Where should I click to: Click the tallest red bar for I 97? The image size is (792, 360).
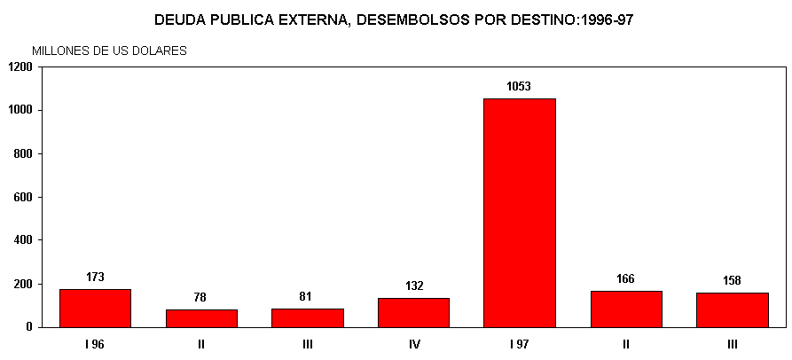point(519,213)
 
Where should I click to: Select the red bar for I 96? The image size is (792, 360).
point(95,308)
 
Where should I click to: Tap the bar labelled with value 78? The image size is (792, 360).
point(201,317)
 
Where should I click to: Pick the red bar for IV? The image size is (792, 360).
point(413,312)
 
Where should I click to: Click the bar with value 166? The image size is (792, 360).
point(625,309)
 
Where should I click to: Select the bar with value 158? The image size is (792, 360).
point(732,309)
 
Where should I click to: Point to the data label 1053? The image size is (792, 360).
point(519,86)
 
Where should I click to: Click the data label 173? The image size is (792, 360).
point(95,277)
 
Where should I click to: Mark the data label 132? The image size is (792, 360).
point(414,286)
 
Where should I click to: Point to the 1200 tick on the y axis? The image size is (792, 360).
point(20,67)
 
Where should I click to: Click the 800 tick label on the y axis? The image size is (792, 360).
point(23,153)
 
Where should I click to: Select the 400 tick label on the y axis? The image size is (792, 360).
point(23,240)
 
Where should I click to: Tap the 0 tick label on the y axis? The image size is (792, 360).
point(29,327)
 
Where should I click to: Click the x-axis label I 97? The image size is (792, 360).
point(519,344)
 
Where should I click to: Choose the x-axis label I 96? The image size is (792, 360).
point(95,344)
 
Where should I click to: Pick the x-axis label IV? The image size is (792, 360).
point(413,344)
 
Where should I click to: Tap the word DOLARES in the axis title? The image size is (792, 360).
point(160,51)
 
